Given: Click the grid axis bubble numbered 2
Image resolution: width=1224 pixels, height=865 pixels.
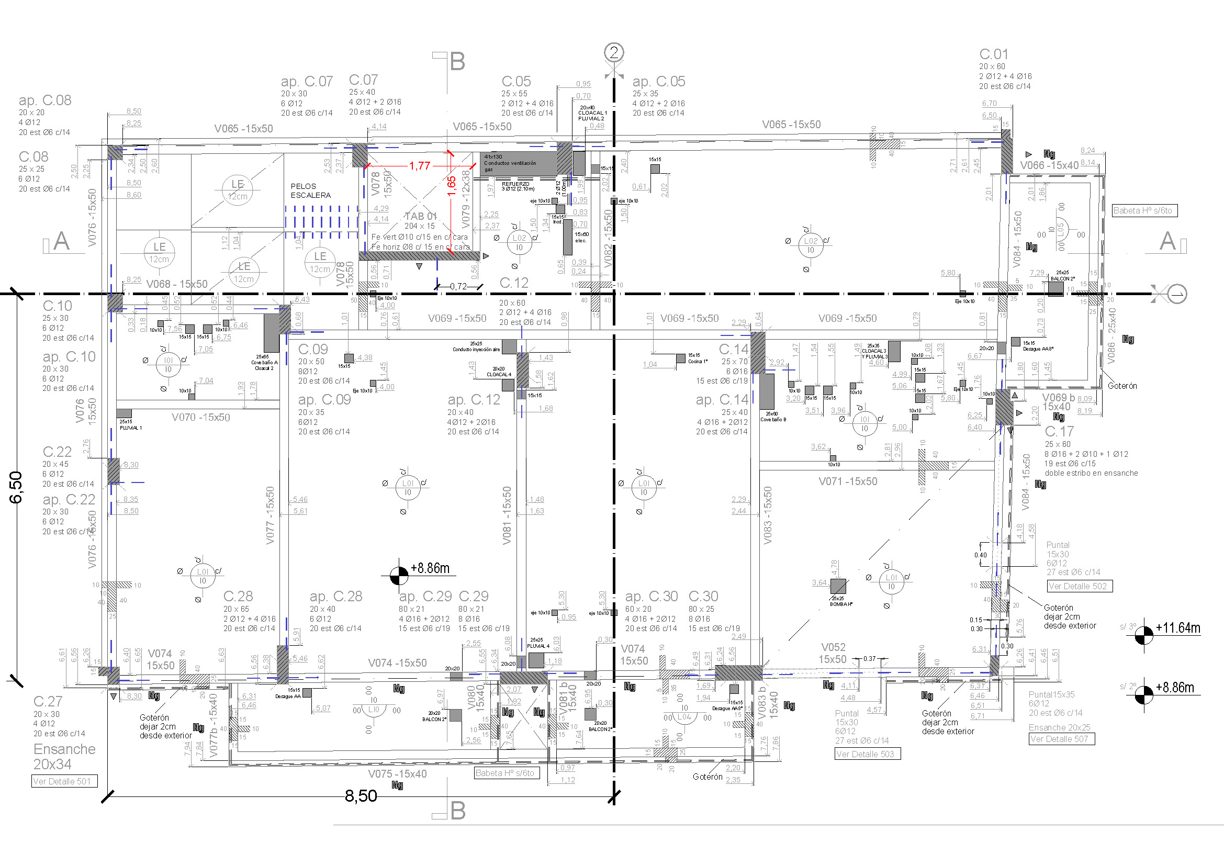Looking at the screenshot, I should (x=614, y=52).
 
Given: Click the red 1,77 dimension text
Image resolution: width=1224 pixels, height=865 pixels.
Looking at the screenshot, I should (x=420, y=166).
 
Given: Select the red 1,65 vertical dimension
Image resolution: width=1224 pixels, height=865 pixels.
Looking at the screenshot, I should (x=452, y=186).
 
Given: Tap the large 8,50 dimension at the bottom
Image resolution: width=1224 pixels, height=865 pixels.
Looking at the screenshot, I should (x=361, y=796).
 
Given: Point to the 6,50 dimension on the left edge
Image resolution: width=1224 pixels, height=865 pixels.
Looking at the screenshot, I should (x=16, y=487).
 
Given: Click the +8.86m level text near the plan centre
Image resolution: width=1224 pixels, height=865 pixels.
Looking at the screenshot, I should (x=430, y=568).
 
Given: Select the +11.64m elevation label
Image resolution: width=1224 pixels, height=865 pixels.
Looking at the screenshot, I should (x=1177, y=628).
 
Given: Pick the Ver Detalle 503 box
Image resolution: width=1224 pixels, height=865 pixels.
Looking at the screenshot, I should (x=867, y=754).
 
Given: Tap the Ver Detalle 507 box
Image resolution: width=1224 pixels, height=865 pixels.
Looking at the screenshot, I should (x=1061, y=739).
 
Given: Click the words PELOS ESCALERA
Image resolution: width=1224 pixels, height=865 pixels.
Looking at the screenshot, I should (x=310, y=191).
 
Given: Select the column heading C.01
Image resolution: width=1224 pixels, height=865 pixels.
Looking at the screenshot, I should (x=994, y=54).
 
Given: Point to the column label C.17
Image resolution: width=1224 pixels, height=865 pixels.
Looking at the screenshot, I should (x=1059, y=431).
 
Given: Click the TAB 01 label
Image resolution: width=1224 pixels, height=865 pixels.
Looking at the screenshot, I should (x=421, y=216).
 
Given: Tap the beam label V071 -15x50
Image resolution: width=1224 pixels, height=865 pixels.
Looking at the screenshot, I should (x=848, y=481).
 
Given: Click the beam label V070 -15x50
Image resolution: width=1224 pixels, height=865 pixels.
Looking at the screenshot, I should (x=200, y=417).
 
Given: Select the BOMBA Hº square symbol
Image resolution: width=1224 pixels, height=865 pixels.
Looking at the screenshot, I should (x=838, y=586).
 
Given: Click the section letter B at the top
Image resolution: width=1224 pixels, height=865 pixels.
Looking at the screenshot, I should (x=457, y=62).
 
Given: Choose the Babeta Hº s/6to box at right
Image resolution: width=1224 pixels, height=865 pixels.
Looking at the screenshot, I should (x=1144, y=210).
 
